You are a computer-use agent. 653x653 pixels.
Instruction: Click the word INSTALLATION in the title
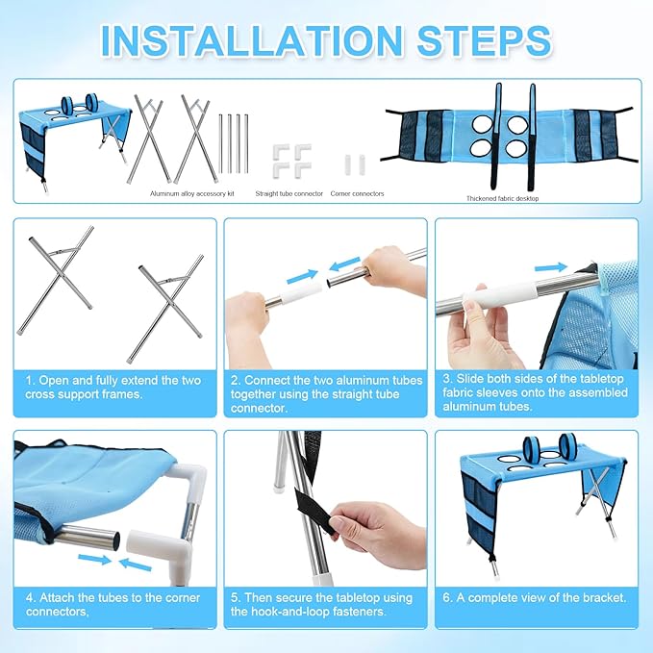point(252,40)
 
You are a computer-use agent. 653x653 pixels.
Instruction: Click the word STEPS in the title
point(484,40)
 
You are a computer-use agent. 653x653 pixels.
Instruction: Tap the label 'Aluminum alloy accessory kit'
point(192,193)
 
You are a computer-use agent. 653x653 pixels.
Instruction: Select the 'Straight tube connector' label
point(289,193)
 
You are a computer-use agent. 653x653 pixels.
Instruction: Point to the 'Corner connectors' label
point(357,193)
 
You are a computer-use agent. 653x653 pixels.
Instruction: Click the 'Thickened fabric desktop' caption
point(502,199)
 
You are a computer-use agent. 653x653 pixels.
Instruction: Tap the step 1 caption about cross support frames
point(113,388)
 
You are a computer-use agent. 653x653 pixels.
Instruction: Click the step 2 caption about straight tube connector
point(327,394)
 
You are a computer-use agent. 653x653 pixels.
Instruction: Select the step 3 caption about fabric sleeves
point(535,392)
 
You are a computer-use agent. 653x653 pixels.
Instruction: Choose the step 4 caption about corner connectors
point(113,605)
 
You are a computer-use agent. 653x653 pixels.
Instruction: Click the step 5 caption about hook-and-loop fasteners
point(321,605)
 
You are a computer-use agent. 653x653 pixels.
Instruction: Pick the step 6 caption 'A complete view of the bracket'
point(535,597)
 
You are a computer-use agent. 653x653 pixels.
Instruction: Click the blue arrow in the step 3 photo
point(550,267)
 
